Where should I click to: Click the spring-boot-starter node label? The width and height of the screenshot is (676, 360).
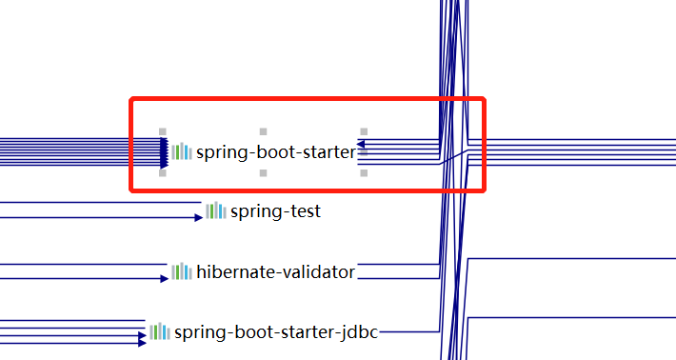pos(275,151)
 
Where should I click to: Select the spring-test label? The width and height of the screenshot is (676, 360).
pos(275,211)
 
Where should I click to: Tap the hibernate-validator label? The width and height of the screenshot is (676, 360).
pos(275,272)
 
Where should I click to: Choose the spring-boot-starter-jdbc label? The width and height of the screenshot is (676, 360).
pos(275,332)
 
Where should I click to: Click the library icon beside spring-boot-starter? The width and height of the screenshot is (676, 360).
pos(182,151)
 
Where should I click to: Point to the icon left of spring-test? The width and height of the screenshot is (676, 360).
pos(216,210)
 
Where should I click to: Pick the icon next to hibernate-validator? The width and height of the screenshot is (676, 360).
pos(182,271)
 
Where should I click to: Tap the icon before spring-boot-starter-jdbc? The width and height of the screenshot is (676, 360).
pos(159,331)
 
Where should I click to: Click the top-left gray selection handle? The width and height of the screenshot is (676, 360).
pos(163,131)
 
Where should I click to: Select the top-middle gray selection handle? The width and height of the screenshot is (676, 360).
pos(264,131)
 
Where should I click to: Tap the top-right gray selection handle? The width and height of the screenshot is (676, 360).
pos(364,131)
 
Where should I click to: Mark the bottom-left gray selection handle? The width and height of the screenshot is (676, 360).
pos(163,173)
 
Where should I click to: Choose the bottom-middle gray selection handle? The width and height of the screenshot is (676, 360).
pos(264,173)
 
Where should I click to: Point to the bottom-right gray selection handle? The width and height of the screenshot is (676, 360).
pos(364,173)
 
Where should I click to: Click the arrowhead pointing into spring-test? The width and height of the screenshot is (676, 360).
pos(198,218)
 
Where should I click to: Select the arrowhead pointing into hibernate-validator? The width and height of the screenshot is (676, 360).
pos(164,279)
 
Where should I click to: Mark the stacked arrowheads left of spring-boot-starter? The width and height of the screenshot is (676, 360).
pos(164,152)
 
